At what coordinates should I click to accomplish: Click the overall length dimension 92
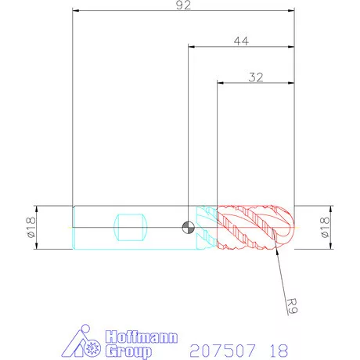pyautogui.click(x=183, y=5)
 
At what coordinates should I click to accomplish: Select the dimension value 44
pyautogui.click(x=241, y=41)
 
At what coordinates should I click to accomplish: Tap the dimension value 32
pyautogui.click(x=256, y=77)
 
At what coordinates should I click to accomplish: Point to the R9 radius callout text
pyautogui.click(x=292, y=306)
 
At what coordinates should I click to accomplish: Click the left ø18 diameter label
pyautogui.click(x=31, y=227)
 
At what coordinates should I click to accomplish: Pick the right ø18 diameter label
pyautogui.click(x=325, y=227)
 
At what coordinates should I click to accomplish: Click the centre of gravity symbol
pyautogui.click(x=188, y=227)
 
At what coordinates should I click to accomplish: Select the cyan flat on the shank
pyautogui.click(x=130, y=227)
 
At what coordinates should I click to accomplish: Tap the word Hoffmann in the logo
pyautogui.click(x=142, y=337)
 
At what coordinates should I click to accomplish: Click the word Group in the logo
pyautogui.click(x=128, y=351)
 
